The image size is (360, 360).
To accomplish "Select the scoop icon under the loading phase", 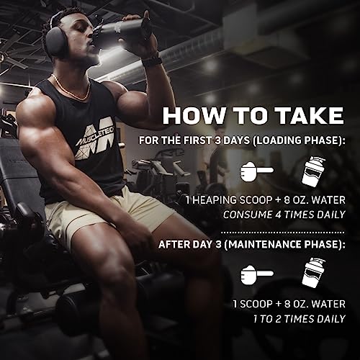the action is pos(257,171).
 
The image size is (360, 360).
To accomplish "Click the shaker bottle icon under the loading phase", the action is pos(313,171).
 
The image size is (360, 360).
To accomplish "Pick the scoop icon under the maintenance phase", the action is pos(257,274).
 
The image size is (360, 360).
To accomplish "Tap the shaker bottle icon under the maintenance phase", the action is pos(313,273).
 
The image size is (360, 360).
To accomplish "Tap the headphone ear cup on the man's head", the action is pos(56,44).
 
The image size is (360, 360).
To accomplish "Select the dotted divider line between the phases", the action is pos(283,233).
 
